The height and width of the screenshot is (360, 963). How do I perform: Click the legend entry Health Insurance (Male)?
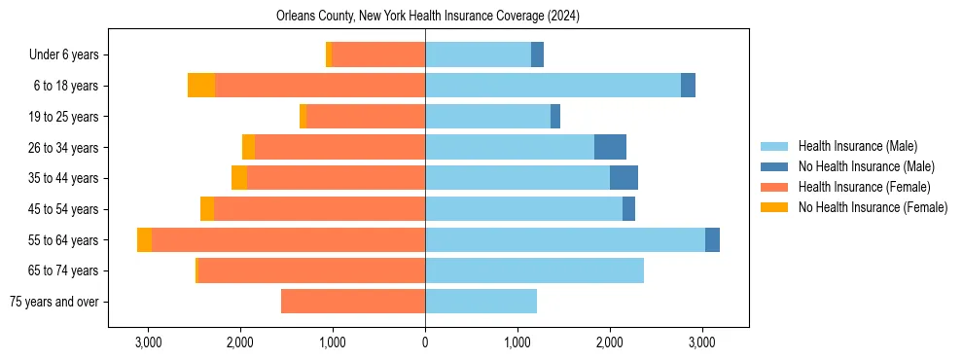point(857,146)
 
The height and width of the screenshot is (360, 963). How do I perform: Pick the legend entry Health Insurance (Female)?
point(864,187)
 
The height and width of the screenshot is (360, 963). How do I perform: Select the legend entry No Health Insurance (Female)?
point(873,207)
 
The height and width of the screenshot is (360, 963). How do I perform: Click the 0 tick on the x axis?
point(425,342)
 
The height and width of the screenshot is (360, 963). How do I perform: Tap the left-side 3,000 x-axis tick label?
point(148,342)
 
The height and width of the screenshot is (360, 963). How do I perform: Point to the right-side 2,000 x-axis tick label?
point(610,342)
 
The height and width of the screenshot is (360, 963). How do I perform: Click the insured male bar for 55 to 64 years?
point(565,239)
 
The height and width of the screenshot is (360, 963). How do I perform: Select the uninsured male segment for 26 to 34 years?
point(610,147)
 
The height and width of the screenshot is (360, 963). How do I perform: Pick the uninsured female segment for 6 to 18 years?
point(201,86)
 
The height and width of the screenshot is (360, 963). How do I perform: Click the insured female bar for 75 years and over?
point(353,302)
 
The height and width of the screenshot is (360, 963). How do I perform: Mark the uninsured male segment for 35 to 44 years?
point(624,178)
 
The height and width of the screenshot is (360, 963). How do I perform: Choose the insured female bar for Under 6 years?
point(378,54)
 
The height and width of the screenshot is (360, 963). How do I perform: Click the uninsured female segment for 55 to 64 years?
point(144,239)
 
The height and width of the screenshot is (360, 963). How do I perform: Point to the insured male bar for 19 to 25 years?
point(487,117)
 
